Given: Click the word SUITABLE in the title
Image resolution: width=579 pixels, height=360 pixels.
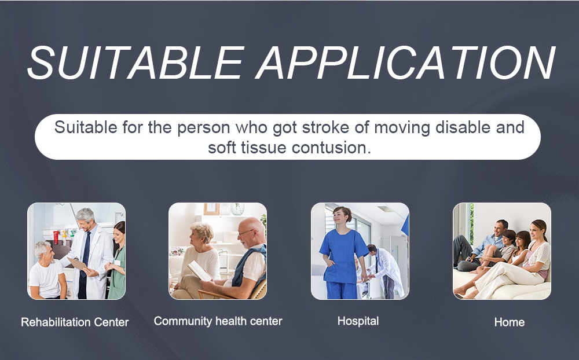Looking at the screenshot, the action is coord(135,63).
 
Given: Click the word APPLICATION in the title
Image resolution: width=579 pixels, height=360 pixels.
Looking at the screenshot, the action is coord(405,63).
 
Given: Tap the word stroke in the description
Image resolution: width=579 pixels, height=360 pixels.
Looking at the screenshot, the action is coord(325,127).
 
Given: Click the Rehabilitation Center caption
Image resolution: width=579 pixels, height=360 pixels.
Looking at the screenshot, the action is coord(75,322).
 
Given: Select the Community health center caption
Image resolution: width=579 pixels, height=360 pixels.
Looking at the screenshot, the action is coord(218,321).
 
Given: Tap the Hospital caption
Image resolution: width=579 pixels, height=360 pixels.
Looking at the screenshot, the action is coord(358,321).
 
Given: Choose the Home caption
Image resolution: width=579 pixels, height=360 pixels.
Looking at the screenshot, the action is coord(510,322).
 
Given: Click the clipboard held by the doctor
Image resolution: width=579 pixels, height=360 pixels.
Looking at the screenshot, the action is coord(77,263).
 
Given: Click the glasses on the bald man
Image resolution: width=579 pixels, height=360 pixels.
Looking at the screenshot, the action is coord(247,232).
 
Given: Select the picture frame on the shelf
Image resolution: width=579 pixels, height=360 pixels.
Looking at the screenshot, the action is coord(211,209).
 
